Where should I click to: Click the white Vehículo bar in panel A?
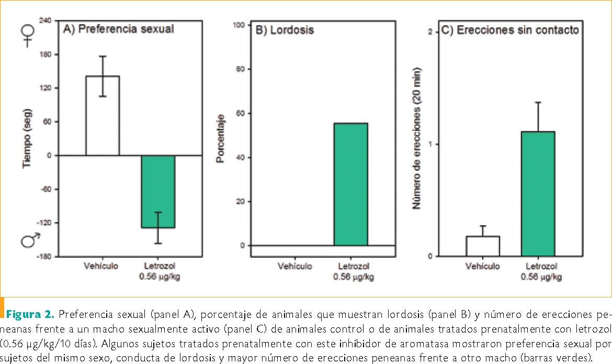tap(103, 116)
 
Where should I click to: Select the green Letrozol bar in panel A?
tap(158, 191)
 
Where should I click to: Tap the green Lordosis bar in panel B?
tap(350, 184)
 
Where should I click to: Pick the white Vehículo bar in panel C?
tap(482, 246)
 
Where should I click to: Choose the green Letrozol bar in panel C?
tap(538, 194)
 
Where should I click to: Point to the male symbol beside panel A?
tap(29, 240)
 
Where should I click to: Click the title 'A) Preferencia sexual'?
tap(118, 29)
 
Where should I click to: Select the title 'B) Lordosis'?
tap(285, 30)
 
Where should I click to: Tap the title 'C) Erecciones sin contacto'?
tap(510, 30)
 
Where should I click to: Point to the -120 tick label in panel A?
tap(45, 223)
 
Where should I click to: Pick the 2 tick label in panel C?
tap(430, 32)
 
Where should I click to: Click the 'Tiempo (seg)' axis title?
tap(28, 138)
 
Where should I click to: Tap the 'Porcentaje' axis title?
tap(221, 138)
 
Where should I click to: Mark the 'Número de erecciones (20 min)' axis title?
tap(417, 139)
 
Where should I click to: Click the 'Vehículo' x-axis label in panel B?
tap(295, 266)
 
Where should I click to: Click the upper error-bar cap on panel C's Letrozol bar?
tap(538, 102)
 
